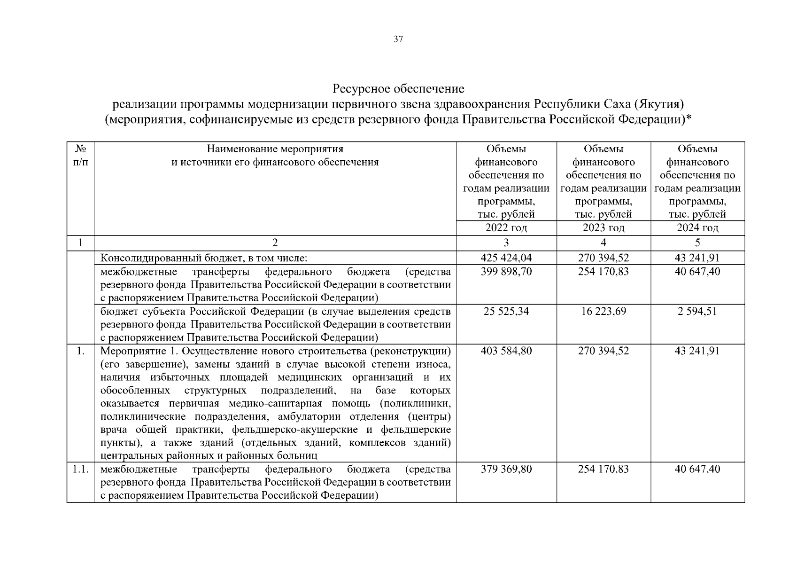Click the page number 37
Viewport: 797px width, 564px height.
click(x=398, y=39)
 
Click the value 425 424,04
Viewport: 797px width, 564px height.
click(x=506, y=258)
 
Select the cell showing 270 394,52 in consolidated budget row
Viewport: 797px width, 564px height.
click(x=603, y=258)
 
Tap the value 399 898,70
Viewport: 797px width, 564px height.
click(x=506, y=272)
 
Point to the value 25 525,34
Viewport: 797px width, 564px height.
click(x=506, y=311)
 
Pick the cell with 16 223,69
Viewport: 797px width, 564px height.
click(x=603, y=311)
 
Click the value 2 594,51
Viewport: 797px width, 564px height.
click(x=697, y=311)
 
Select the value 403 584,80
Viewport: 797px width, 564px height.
click(x=506, y=351)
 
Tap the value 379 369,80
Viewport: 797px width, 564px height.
click(x=506, y=469)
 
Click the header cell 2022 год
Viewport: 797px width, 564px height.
click(x=506, y=228)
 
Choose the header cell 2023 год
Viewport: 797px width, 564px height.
click(x=603, y=228)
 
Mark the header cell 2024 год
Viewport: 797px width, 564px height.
click(x=697, y=228)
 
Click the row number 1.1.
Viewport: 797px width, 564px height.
click(x=80, y=469)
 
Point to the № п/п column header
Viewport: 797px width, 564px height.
click(x=80, y=156)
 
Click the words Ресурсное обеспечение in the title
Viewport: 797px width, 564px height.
click(x=398, y=89)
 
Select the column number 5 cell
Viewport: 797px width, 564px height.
click(x=697, y=243)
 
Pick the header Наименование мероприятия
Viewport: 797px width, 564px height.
click(x=275, y=149)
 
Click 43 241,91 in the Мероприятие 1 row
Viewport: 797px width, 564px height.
click(x=697, y=351)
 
